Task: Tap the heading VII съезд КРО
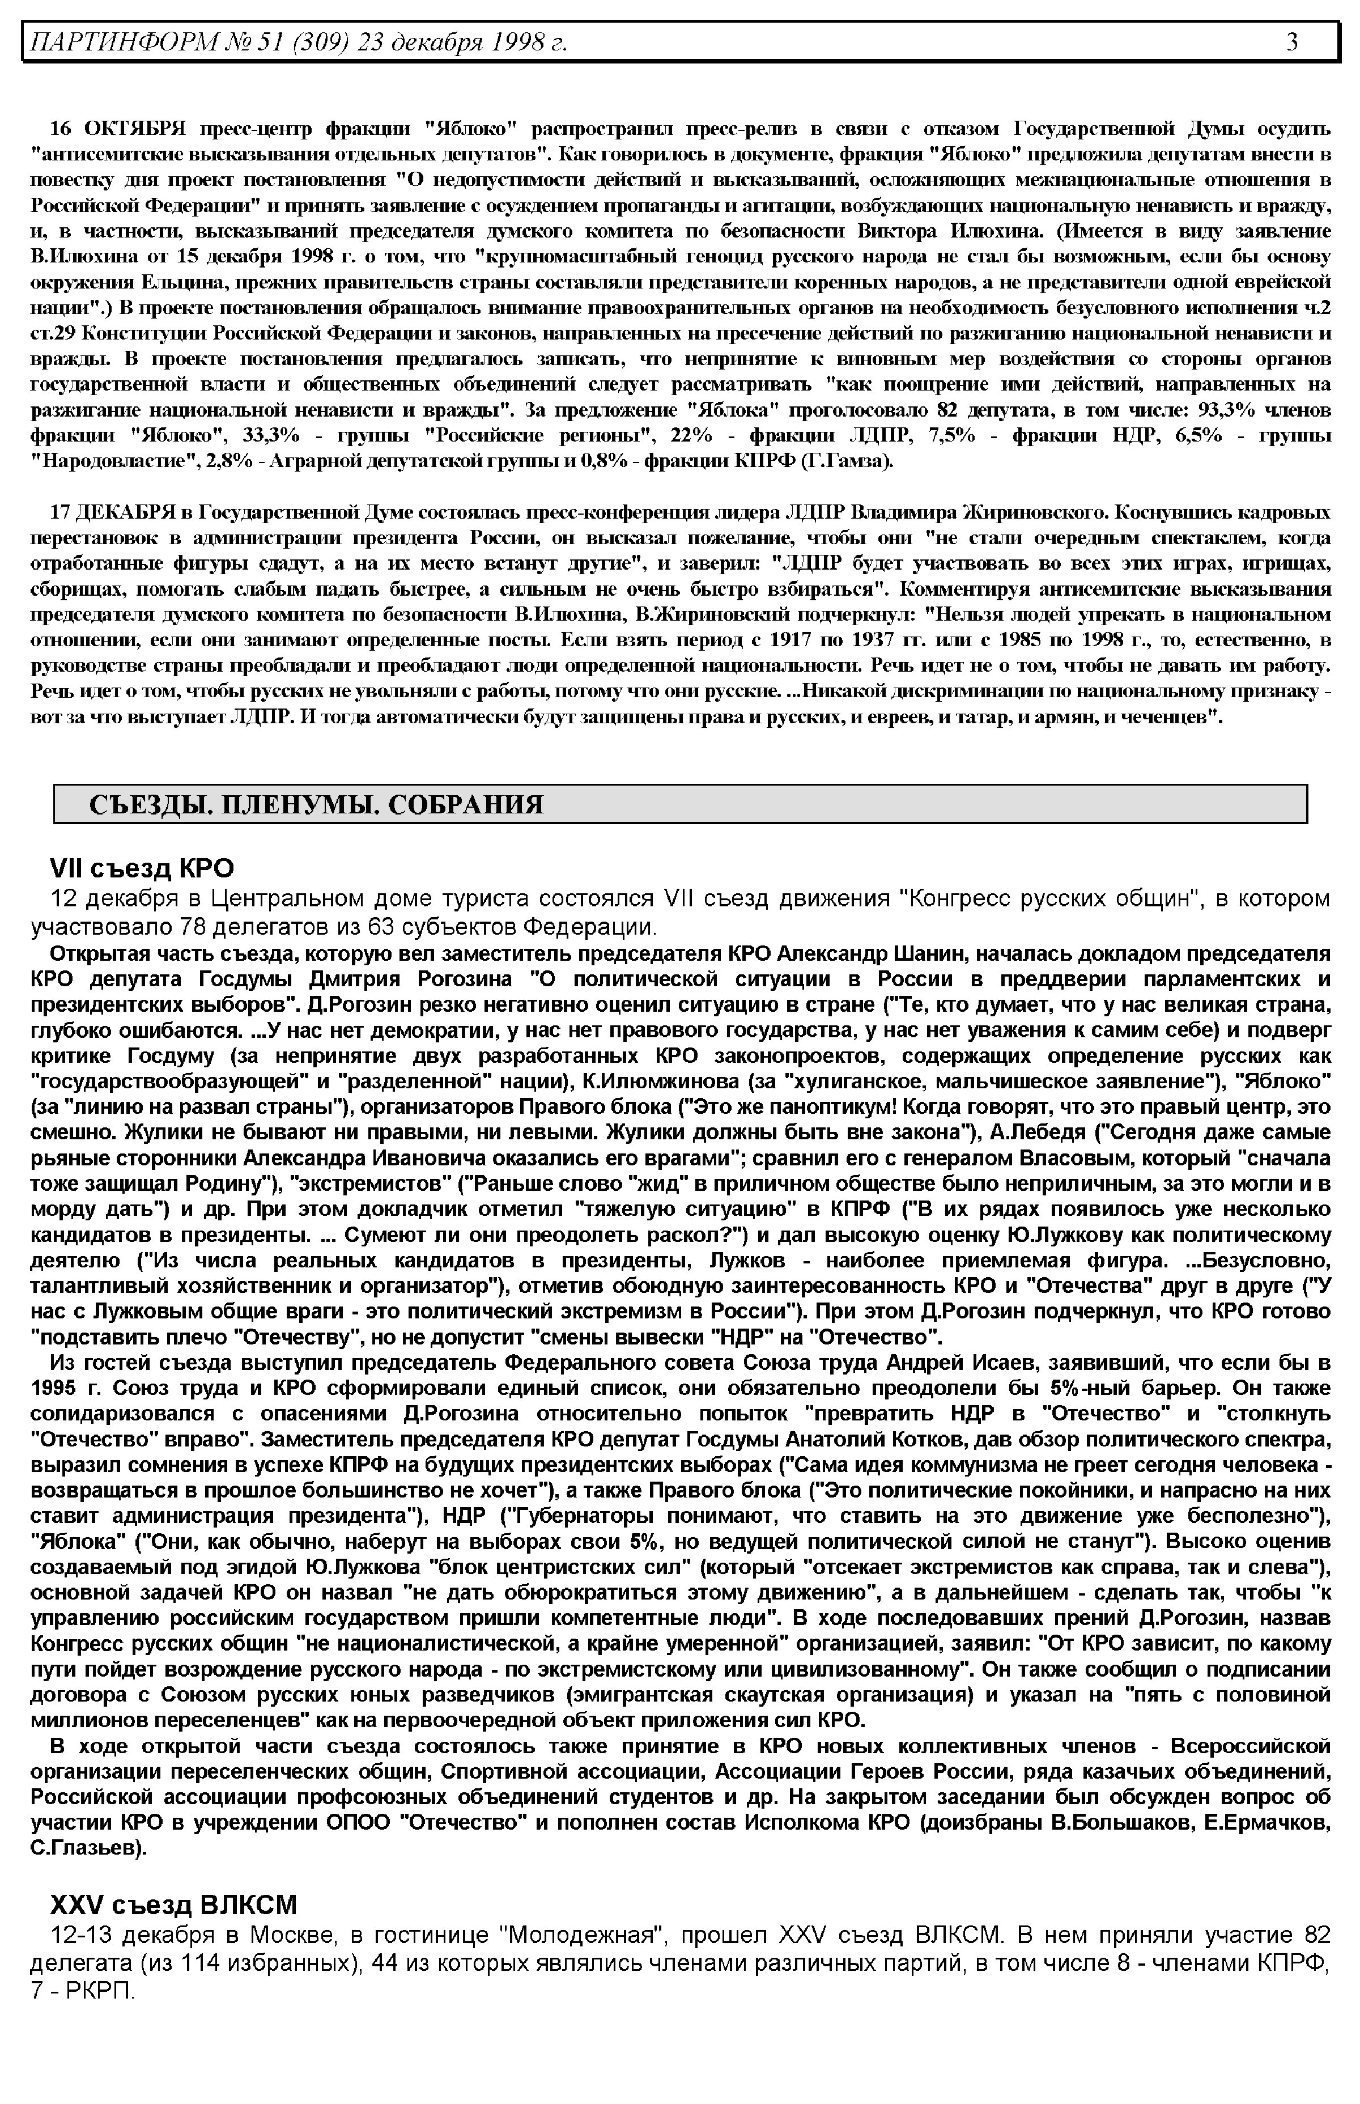click(x=141, y=868)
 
